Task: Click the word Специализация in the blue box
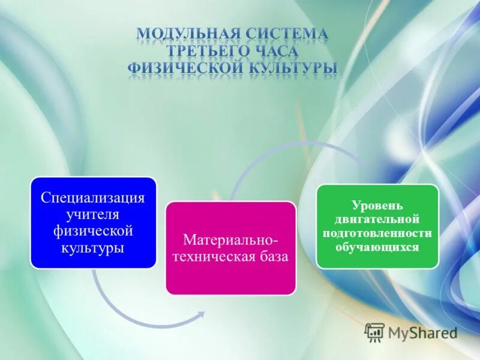(x=93, y=198)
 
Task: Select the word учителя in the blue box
(x=93, y=214)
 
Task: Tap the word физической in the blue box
(x=93, y=230)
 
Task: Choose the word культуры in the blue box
(x=93, y=247)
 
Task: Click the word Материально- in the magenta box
(x=231, y=240)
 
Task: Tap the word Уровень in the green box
(x=377, y=206)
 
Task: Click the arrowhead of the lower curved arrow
(x=200, y=314)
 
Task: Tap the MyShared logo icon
(x=374, y=332)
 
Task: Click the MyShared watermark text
(x=422, y=332)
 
